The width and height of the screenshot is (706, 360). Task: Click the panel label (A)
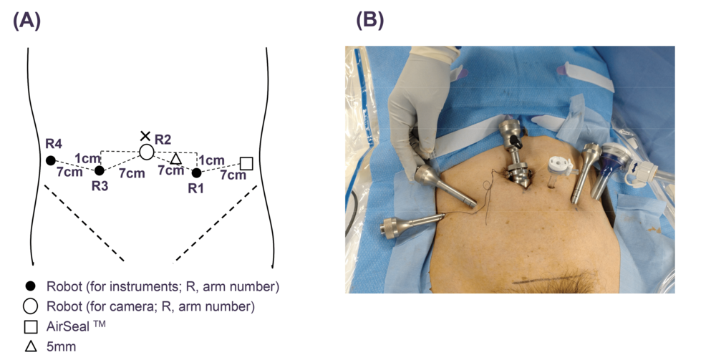27,21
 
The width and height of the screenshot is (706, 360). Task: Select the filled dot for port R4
51,160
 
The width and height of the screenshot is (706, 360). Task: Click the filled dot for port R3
100,170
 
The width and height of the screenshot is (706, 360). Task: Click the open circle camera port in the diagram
146,152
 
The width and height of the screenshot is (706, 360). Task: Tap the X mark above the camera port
145,136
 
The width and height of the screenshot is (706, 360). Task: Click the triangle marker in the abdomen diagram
175,158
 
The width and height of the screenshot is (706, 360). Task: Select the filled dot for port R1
197,172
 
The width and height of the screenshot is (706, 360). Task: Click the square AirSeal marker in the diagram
246,164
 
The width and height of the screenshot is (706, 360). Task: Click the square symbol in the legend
30,329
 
